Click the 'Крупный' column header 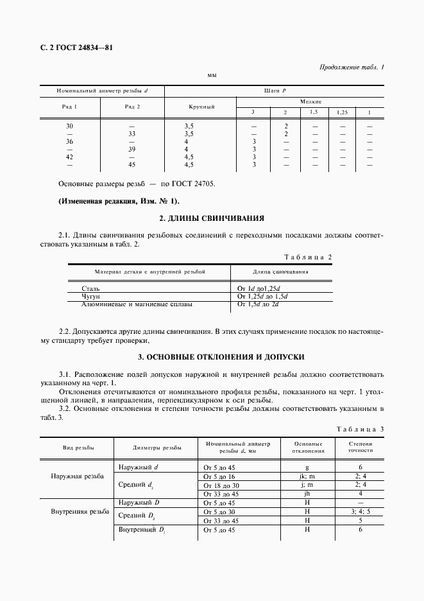coord(201,107)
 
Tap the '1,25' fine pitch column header coord(342,112)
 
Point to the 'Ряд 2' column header coord(132,107)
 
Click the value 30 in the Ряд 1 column coord(70,126)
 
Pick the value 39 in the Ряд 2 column coord(132,149)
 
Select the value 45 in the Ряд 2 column coord(132,164)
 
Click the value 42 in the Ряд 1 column coord(70,157)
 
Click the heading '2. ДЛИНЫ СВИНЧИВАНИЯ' coord(211,218)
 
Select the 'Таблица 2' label coord(308,257)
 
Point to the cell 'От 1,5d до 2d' coord(258,304)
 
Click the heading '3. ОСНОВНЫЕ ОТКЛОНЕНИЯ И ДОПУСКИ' coord(212,356)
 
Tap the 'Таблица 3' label coord(360,428)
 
